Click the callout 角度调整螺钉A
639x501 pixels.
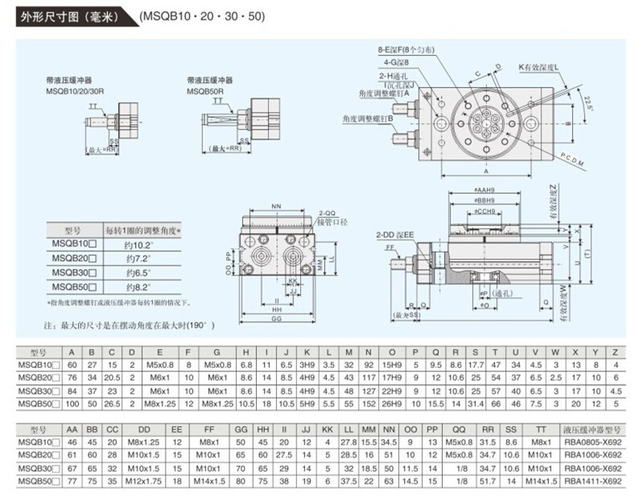384,93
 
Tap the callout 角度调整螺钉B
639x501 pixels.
367,118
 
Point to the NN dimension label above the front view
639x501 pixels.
276,205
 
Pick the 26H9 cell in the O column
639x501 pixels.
392,401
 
